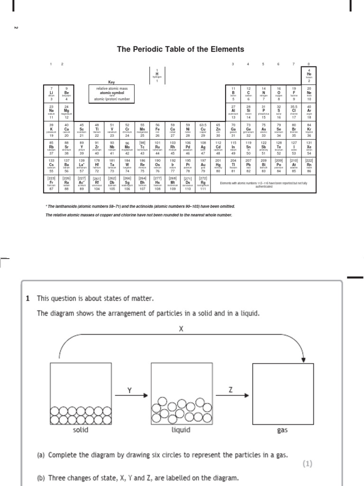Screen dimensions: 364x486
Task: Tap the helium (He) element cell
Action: tap(309, 75)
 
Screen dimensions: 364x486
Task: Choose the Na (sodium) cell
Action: tap(51, 112)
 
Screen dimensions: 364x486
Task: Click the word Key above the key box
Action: tap(112, 82)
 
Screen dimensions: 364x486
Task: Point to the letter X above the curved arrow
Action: tap(180, 328)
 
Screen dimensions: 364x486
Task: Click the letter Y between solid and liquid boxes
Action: tap(129, 390)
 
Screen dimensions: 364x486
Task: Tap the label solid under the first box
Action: tap(81, 430)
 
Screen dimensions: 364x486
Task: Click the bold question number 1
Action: tap(28, 299)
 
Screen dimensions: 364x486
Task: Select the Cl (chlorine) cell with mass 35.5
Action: tap(294, 112)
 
